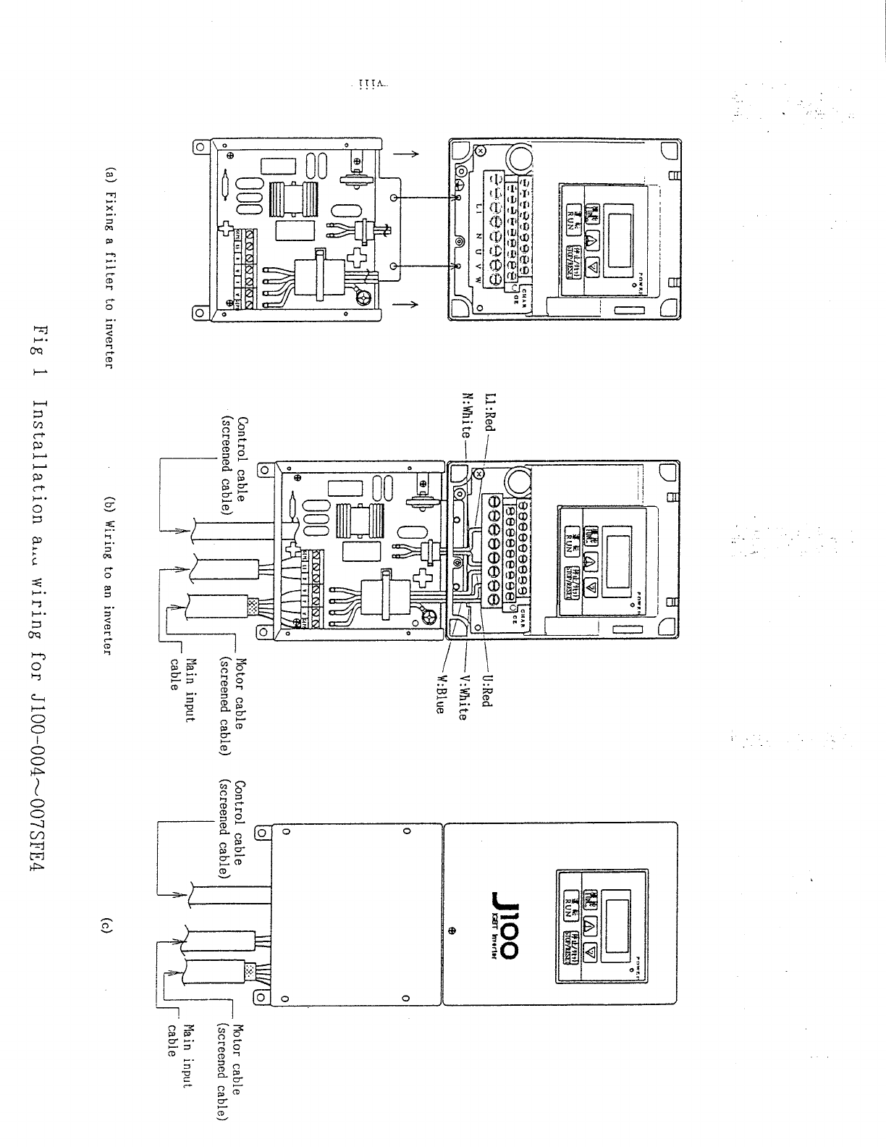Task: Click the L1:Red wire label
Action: coord(490,413)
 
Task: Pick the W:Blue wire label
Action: coord(439,695)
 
